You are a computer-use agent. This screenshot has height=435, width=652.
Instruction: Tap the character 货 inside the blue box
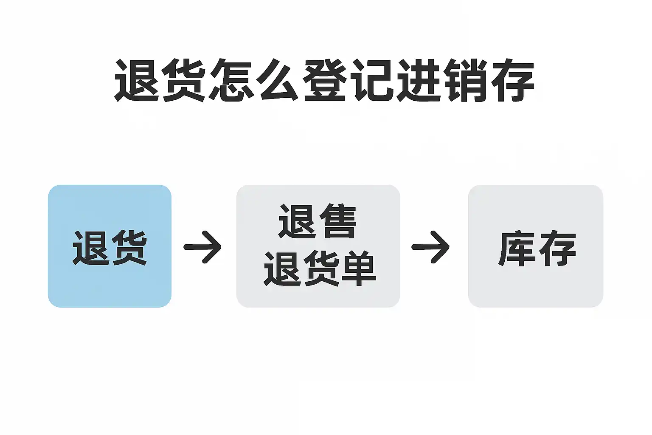128,248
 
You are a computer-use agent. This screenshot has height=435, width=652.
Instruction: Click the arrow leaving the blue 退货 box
203,247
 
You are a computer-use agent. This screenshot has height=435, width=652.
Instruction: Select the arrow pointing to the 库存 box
431,247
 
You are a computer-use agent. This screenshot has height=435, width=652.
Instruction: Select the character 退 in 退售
298,222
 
